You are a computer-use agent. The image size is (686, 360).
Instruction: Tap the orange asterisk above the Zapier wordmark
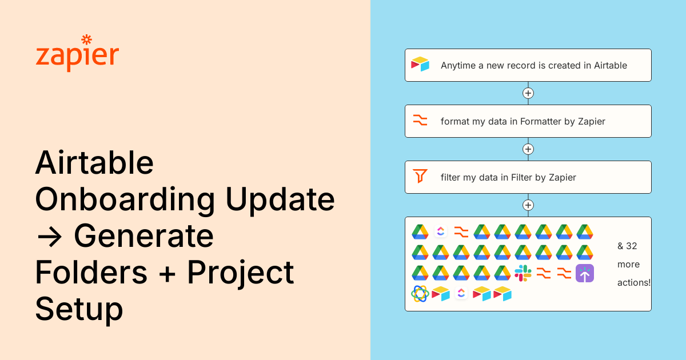pos(86,39)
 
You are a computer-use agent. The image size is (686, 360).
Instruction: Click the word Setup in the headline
pos(79,309)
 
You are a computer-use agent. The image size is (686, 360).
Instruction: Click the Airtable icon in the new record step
pos(420,65)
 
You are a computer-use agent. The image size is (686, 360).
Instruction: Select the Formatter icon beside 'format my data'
pos(420,121)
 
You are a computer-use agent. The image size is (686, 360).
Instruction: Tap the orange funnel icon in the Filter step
pos(420,177)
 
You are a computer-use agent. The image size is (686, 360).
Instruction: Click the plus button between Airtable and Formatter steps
pos(528,93)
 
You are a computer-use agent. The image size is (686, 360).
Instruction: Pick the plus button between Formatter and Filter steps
pos(528,149)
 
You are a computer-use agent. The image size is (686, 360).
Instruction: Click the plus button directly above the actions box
pos(528,205)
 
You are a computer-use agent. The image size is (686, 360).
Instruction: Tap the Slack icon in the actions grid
pos(523,273)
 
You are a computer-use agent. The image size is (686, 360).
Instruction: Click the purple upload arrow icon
pos(585,273)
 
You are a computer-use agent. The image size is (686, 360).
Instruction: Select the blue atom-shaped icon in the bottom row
pos(420,294)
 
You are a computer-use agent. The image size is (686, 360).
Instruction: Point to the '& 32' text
pos(627,246)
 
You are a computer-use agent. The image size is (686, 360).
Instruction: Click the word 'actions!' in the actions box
pos(634,283)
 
